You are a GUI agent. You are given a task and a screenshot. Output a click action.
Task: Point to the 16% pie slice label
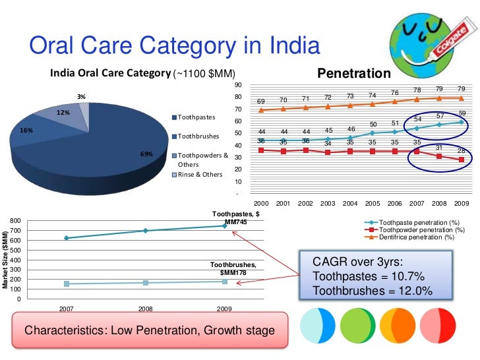pos(27,131)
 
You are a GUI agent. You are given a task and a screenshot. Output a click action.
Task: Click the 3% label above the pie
pos(81,97)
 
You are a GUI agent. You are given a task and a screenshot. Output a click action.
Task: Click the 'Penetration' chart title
pos(354,73)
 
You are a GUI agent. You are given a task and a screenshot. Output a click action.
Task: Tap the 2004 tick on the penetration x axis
pos(350,204)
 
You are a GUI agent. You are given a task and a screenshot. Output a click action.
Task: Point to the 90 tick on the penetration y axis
pos(239,85)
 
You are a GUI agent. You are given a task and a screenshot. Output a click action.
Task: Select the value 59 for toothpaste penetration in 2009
pos(462,113)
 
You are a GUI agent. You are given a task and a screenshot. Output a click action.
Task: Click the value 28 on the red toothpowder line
pos(461,151)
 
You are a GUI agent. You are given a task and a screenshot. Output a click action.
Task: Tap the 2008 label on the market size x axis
pos(145,308)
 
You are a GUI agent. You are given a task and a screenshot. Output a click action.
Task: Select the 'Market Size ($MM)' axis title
pos(6,258)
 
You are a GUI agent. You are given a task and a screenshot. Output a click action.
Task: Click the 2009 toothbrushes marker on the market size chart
pos(224,282)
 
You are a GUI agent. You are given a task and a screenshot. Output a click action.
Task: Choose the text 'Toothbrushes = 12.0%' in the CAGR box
pos(373,291)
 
